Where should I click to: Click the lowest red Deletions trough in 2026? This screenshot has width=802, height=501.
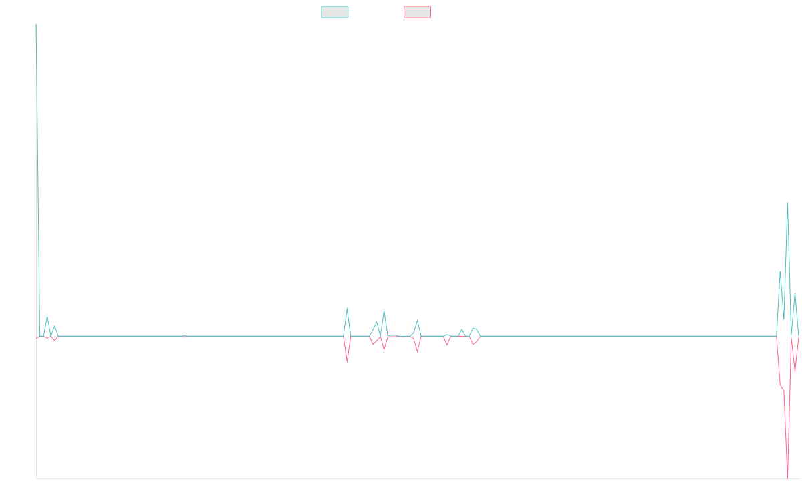coord(788,477)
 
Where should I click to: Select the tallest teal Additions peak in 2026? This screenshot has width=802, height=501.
coord(787,203)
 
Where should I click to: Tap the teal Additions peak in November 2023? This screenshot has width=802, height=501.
coord(347,309)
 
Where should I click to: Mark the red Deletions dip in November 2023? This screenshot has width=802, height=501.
coord(347,361)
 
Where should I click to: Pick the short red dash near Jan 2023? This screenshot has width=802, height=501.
coord(184,337)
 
